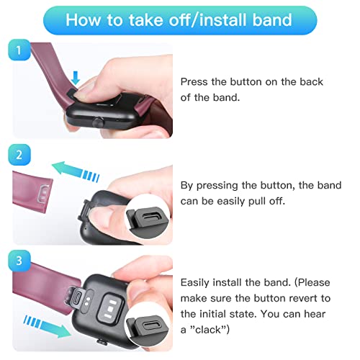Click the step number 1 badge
click(x=19, y=50)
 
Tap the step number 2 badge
click(x=19, y=155)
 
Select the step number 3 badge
click(x=19, y=261)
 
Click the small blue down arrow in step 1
click(x=76, y=78)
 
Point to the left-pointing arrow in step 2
click(x=76, y=171)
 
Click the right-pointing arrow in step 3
click(x=48, y=326)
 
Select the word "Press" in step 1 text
click(x=194, y=82)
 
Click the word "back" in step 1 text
click(x=311, y=82)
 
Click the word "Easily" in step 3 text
click(x=194, y=283)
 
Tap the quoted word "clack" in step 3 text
click(x=208, y=330)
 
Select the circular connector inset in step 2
click(x=148, y=221)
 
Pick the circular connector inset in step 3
click(x=148, y=328)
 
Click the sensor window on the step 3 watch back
click(x=111, y=309)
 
